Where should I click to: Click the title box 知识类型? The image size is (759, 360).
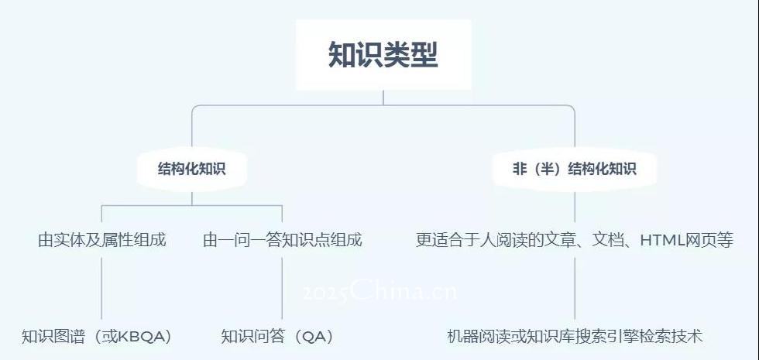coord(383,55)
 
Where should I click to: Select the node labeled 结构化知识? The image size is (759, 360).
coord(192,169)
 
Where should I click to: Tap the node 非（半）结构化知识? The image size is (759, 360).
coord(575,169)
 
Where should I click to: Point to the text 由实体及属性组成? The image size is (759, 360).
coord(101,240)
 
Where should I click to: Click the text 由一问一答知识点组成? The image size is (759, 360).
coord(282,240)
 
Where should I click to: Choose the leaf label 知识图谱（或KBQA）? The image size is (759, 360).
coord(98,336)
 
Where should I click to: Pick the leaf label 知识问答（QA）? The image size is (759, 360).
coord(278,336)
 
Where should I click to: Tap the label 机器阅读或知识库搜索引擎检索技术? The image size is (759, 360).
coord(575,336)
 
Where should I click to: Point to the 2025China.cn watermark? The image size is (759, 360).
coord(379,291)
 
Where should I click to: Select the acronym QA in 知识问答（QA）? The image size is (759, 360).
coord(313,337)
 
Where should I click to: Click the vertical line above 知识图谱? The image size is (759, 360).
coord(101,288)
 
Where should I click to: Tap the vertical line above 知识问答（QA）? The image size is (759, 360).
coord(282,288)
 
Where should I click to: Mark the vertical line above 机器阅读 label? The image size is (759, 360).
coord(575,288)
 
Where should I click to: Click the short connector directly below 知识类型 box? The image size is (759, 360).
coord(383,98)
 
